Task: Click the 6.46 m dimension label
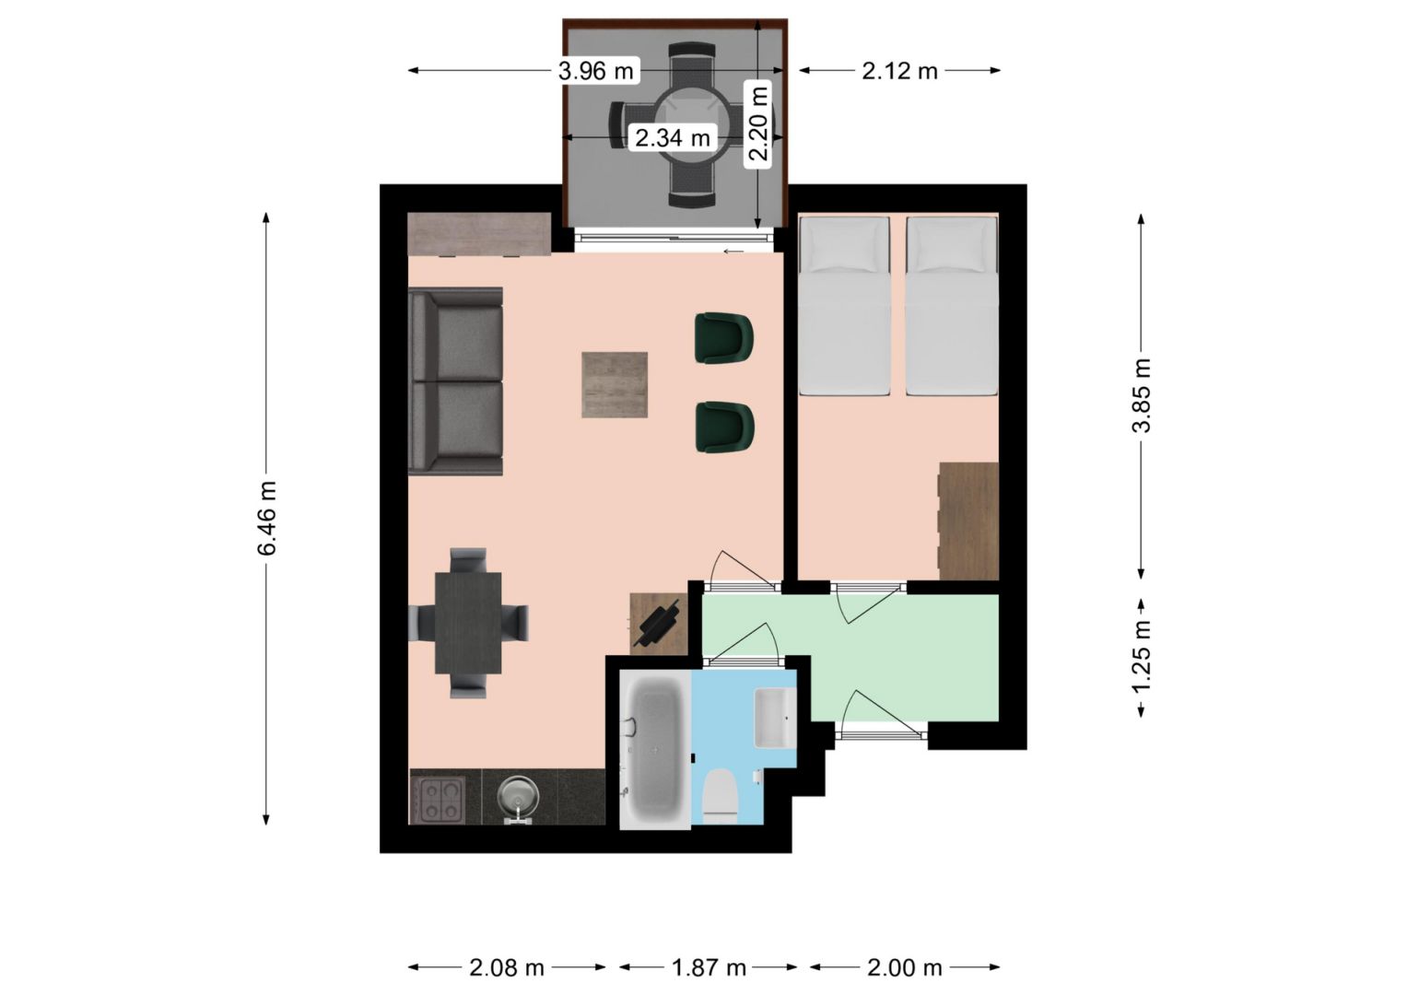pyautogui.click(x=267, y=518)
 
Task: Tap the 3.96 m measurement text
pyautogui.click(x=596, y=71)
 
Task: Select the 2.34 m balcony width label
pyautogui.click(x=673, y=137)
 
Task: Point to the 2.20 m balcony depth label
pyautogui.click(x=758, y=123)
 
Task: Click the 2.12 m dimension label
pyautogui.click(x=899, y=71)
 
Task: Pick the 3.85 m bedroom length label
pyautogui.click(x=1142, y=396)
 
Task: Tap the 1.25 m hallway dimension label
pyautogui.click(x=1142, y=656)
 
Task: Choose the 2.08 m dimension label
pyautogui.click(x=507, y=968)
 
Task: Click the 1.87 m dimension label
pyautogui.click(x=709, y=968)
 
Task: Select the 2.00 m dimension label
pyautogui.click(x=905, y=968)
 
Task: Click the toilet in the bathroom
pyautogui.click(x=720, y=797)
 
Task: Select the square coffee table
pyautogui.click(x=615, y=384)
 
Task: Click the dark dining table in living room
pyautogui.click(x=468, y=623)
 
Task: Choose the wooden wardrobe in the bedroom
pyautogui.click(x=968, y=521)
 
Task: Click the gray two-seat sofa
pyautogui.click(x=455, y=381)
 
